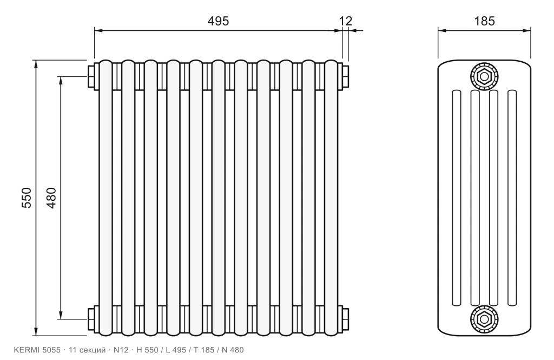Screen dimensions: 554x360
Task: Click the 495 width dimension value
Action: tap(218, 21)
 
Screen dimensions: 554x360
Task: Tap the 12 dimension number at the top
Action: tap(346, 21)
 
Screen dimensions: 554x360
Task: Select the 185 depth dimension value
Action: tap(484, 21)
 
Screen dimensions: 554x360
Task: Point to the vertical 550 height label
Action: tap(27, 198)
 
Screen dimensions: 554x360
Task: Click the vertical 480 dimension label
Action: tap(51, 198)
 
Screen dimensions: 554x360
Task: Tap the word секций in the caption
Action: tap(92, 350)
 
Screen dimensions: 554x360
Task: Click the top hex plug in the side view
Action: tap(484, 76)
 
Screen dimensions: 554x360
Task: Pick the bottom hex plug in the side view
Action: tap(484, 319)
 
